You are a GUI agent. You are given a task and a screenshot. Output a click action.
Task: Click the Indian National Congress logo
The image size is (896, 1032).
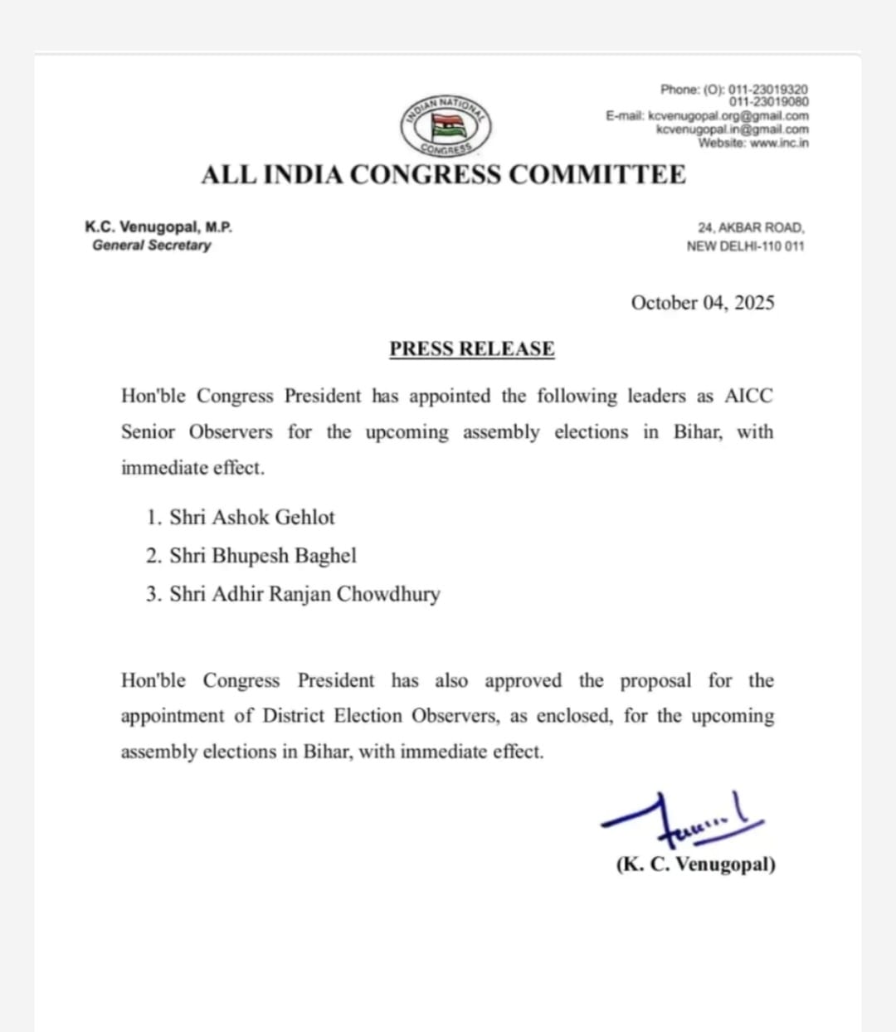[x=446, y=125]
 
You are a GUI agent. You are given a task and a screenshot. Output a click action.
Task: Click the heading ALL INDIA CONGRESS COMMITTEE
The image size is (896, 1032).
[x=443, y=175]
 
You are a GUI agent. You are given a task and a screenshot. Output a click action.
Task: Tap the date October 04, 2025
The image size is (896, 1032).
[x=703, y=303]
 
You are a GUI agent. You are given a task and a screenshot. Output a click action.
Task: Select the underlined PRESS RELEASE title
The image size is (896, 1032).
[x=472, y=348]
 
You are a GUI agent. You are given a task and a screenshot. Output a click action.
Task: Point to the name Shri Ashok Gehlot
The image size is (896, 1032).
[x=251, y=518]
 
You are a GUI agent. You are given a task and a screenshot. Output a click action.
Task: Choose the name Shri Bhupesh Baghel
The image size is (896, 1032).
[x=262, y=556]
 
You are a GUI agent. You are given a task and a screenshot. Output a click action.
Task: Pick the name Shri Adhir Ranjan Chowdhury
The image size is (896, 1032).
[x=304, y=595]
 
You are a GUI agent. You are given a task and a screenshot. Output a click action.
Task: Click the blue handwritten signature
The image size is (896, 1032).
[x=680, y=817]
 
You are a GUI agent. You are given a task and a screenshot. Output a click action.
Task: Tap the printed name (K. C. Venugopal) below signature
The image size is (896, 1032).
[x=695, y=864]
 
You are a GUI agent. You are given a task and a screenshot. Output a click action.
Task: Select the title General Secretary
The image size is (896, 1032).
[x=152, y=246]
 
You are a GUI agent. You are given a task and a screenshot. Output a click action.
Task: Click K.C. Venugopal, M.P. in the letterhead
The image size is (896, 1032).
[x=158, y=226]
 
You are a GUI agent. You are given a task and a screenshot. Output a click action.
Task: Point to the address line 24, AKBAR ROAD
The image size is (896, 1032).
[x=751, y=227]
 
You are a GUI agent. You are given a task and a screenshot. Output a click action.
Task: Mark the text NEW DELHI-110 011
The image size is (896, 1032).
[x=745, y=246]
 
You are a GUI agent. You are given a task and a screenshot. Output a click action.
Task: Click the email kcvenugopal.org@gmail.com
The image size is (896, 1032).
[x=728, y=116]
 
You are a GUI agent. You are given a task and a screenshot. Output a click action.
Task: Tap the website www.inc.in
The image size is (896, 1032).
[x=779, y=143]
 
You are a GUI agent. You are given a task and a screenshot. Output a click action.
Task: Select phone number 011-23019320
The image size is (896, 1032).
[x=767, y=89]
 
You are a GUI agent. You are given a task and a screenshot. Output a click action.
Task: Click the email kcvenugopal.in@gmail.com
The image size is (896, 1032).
[x=732, y=129]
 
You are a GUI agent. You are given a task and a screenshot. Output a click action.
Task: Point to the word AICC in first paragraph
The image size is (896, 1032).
[x=748, y=397]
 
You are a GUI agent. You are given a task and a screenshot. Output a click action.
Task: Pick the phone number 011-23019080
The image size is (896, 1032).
[x=768, y=102]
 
